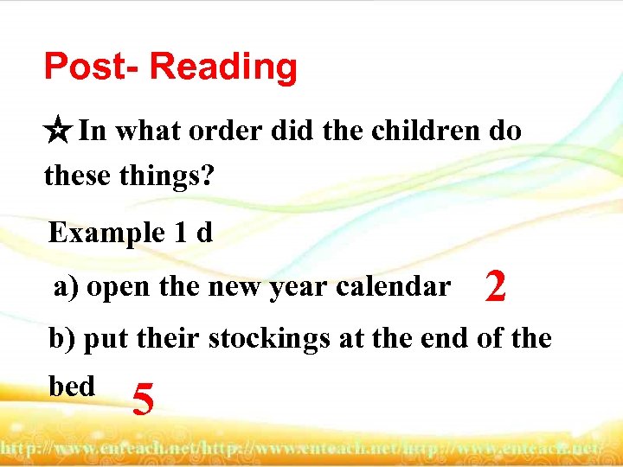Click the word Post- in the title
point(92,67)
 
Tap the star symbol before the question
point(59,132)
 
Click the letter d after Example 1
point(204,233)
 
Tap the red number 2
point(495,286)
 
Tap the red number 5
point(144,399)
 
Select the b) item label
point(63,338)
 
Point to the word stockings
point(269,338)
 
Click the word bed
point(72,386)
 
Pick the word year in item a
point(319,286)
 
